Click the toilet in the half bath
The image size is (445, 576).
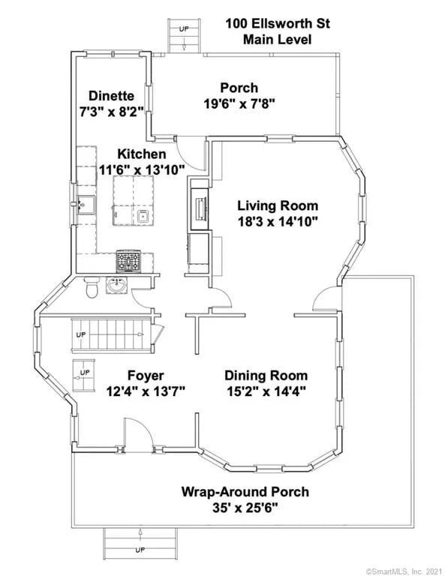(x=91, y=286)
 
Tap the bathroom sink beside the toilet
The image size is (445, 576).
(x=117, y=286)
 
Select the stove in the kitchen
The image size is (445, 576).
(x=128, y=261)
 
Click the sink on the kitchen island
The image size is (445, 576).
(x=143, y=217)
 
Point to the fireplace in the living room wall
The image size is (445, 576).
(x=200, y=208)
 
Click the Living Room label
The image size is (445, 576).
(x=278, y=205)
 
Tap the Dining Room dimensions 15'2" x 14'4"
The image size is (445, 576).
(x=266, y=391)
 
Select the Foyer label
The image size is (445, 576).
(x=146, y=376)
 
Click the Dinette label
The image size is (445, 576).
(x=111, y=96)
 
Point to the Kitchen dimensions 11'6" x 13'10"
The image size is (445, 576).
(x=142, y=169)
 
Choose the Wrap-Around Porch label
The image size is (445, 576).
(x=245, y=491)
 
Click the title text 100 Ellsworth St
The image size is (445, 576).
(x=278, y=23)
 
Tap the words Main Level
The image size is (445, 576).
(x=278, y=39)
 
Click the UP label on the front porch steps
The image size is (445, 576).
(x=140, y=550)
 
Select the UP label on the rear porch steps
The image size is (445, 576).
(x=184, y=28)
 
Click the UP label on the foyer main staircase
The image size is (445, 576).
(x=81, y=334)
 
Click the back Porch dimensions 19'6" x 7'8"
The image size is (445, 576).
(x=239, y=104)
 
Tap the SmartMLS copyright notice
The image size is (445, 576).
(x=404, y=571)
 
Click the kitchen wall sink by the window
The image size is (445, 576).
(x=87, y=204)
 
